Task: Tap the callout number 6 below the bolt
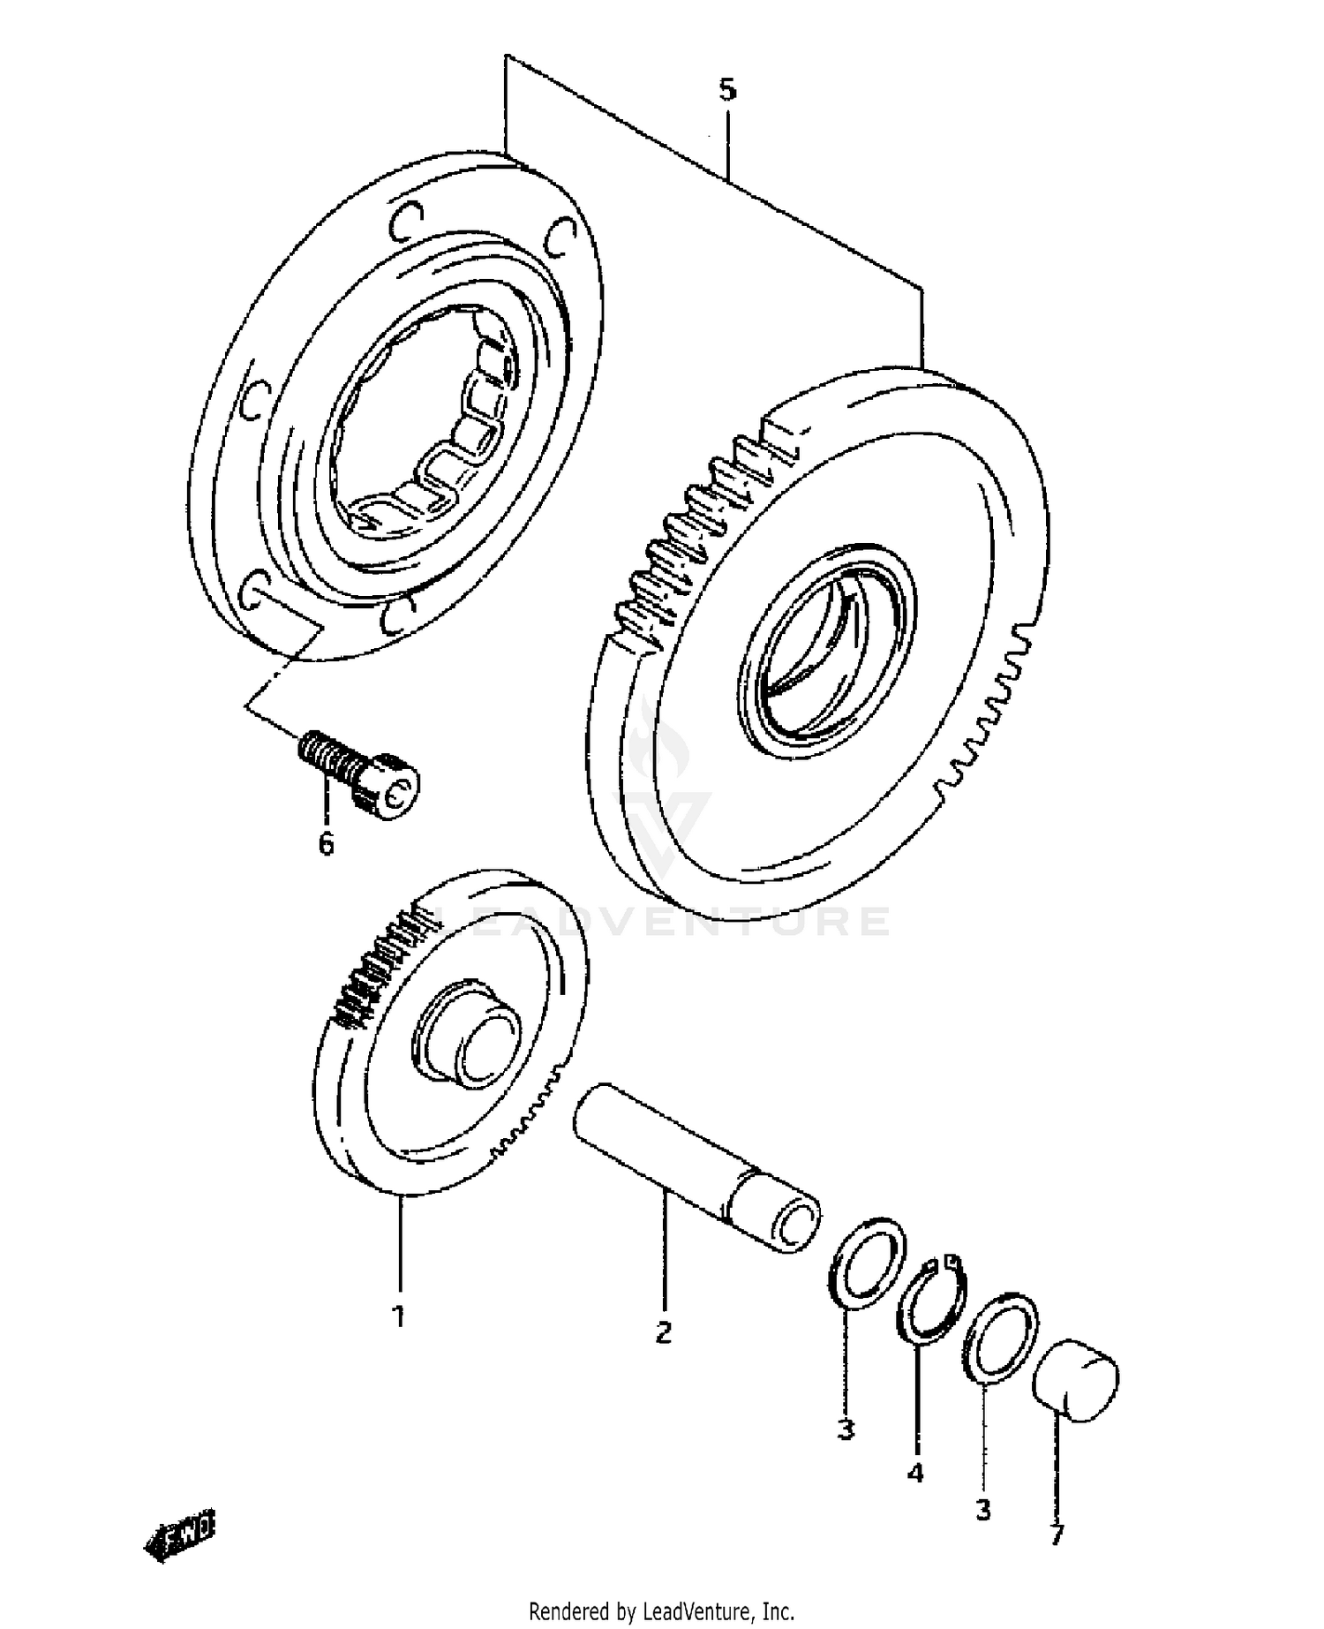click(x=326, y=844)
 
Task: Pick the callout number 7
click(x=1056, y=1536)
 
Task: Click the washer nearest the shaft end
click(x=869, y=1262)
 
